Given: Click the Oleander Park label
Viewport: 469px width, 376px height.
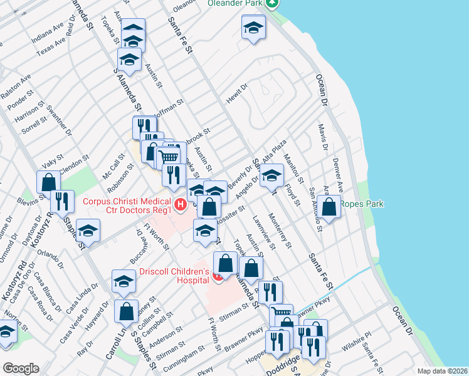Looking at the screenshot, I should click(234, 3).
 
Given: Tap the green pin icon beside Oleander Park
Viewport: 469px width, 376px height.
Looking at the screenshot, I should click(271, 3).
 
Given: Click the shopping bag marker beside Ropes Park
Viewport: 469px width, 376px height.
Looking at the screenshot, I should click(328, 206).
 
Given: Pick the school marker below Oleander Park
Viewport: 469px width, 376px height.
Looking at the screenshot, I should click(253, 28).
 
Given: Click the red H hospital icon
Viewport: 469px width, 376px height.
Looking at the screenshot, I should click(181, 204).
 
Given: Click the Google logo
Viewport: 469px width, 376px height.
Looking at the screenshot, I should click(20, 368).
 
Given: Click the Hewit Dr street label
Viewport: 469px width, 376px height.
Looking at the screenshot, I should click(238, 94).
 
